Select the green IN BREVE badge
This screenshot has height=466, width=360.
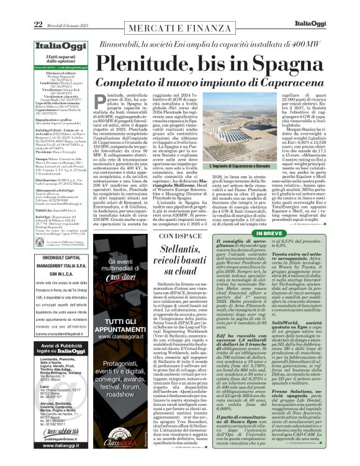tap(303, 216)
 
